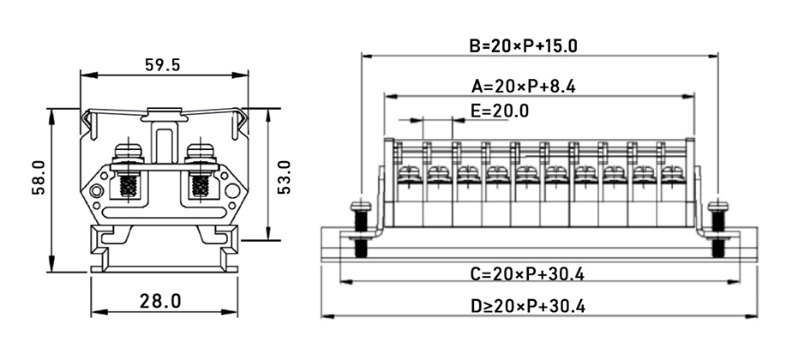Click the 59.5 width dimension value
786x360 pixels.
pyautogui.click(x=162, y=64)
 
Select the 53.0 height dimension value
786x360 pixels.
pyautogui.click(x=285, y=176)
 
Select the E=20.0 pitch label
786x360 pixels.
pyautogui.click(x=500, y=111)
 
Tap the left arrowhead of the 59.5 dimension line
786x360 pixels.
pyautogui.click(x=84, y=75)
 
